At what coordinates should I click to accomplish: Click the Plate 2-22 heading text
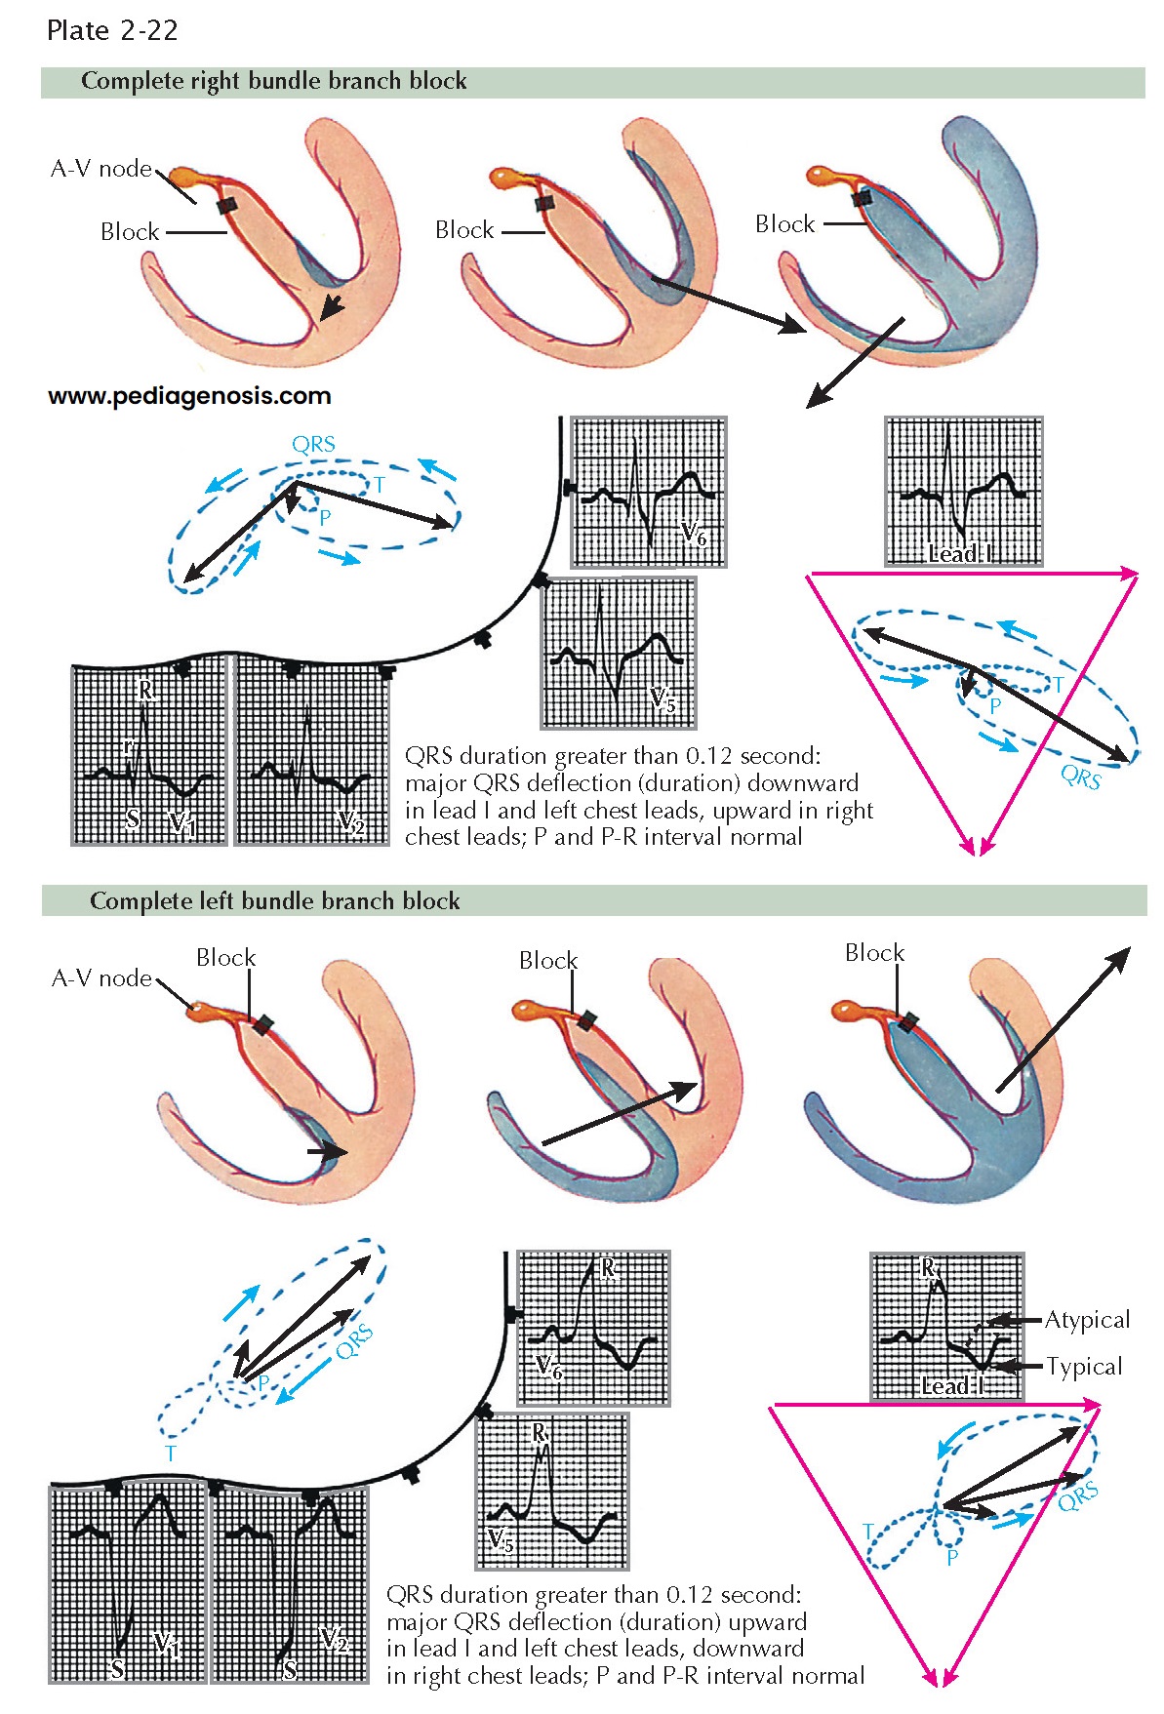click(112, 31)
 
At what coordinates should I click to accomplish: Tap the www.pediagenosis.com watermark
click(189, 396)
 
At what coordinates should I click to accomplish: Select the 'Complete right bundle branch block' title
click(273, 82)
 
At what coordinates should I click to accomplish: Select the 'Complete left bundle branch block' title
click(274, 901)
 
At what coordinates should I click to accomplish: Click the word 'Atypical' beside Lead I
click(1087, 1320)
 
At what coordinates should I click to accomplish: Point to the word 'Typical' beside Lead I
click(1084, 1367)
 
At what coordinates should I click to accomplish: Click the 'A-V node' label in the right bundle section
click(101, 169)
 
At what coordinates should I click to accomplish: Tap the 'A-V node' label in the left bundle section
click(101, 978)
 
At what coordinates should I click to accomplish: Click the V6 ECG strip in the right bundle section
click(649, 492)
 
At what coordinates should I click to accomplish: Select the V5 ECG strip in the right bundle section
click(619, 653)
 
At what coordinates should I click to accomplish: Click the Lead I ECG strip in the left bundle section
click(946, 1327)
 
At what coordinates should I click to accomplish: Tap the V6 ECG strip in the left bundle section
click(593, 1328)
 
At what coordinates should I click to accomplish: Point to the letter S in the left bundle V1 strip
click(118, 1668)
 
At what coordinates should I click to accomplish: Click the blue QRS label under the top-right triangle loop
click(1080, 777)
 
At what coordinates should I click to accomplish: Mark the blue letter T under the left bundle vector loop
click(171, 1455)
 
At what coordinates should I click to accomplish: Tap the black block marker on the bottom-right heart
click(908, 1022)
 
